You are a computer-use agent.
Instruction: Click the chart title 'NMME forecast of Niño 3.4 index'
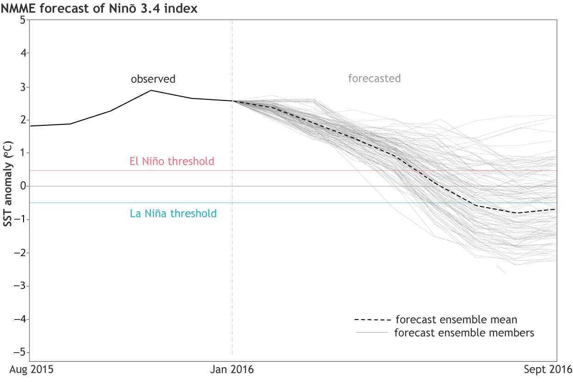pos(99,9)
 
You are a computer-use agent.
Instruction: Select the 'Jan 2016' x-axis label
pos(232,370)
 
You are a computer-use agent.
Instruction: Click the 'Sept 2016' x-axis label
pos(548,370)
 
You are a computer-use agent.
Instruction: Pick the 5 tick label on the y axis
pos(22,20)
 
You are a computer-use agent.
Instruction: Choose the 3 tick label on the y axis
pos(22,86)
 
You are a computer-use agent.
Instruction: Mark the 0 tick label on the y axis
pos(22,186)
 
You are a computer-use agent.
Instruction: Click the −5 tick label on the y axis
pos(19,352)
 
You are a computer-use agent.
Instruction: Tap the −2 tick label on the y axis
pos(19,253)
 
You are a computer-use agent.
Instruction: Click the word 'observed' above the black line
pos(153,79)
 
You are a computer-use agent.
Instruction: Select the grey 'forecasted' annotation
pos(374,79)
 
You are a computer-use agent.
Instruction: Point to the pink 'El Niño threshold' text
pos(172,161)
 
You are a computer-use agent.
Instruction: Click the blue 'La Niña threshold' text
pos(173,214)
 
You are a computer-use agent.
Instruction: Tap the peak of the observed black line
pos(151,90)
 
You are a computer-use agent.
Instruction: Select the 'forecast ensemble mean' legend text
pos(457,320)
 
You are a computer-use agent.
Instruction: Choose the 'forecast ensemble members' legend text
pos(464,333)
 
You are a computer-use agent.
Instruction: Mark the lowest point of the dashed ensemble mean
pos(517,213)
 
